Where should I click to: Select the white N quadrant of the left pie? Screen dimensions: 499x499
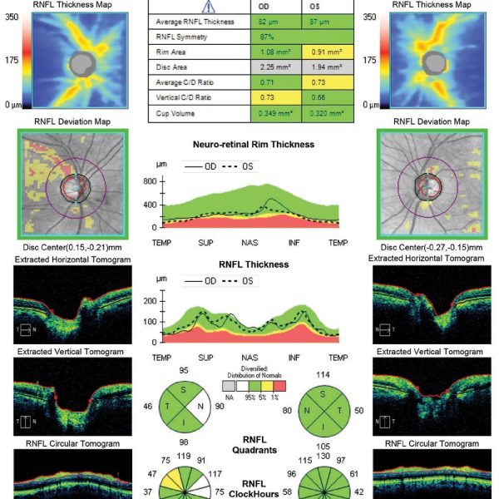point(197,408)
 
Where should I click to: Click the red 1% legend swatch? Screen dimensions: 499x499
point(279,387)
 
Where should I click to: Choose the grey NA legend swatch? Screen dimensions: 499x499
point(228,387)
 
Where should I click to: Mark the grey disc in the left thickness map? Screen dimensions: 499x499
point(82,62)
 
